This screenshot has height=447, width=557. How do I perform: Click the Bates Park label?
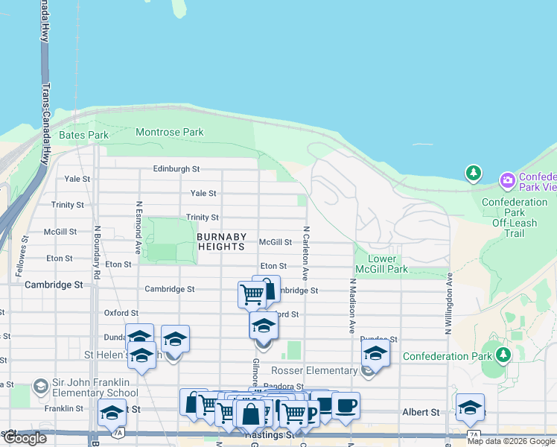point(83,135)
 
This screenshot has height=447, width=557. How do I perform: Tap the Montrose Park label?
point(169,133)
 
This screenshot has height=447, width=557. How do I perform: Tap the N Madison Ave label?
point(352,305)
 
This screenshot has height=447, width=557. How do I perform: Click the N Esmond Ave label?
point(139,225)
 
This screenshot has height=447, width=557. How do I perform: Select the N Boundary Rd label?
point(97,253)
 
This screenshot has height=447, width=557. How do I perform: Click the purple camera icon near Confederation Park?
point(508,180)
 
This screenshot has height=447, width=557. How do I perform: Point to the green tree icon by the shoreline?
point(473,174)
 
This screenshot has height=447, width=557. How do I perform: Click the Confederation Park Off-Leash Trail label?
point(514,218)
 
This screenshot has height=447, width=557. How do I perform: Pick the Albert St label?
point(421,412)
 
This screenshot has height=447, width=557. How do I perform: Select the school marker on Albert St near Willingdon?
point(470,408)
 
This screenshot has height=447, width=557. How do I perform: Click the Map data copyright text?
point(512,441)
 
